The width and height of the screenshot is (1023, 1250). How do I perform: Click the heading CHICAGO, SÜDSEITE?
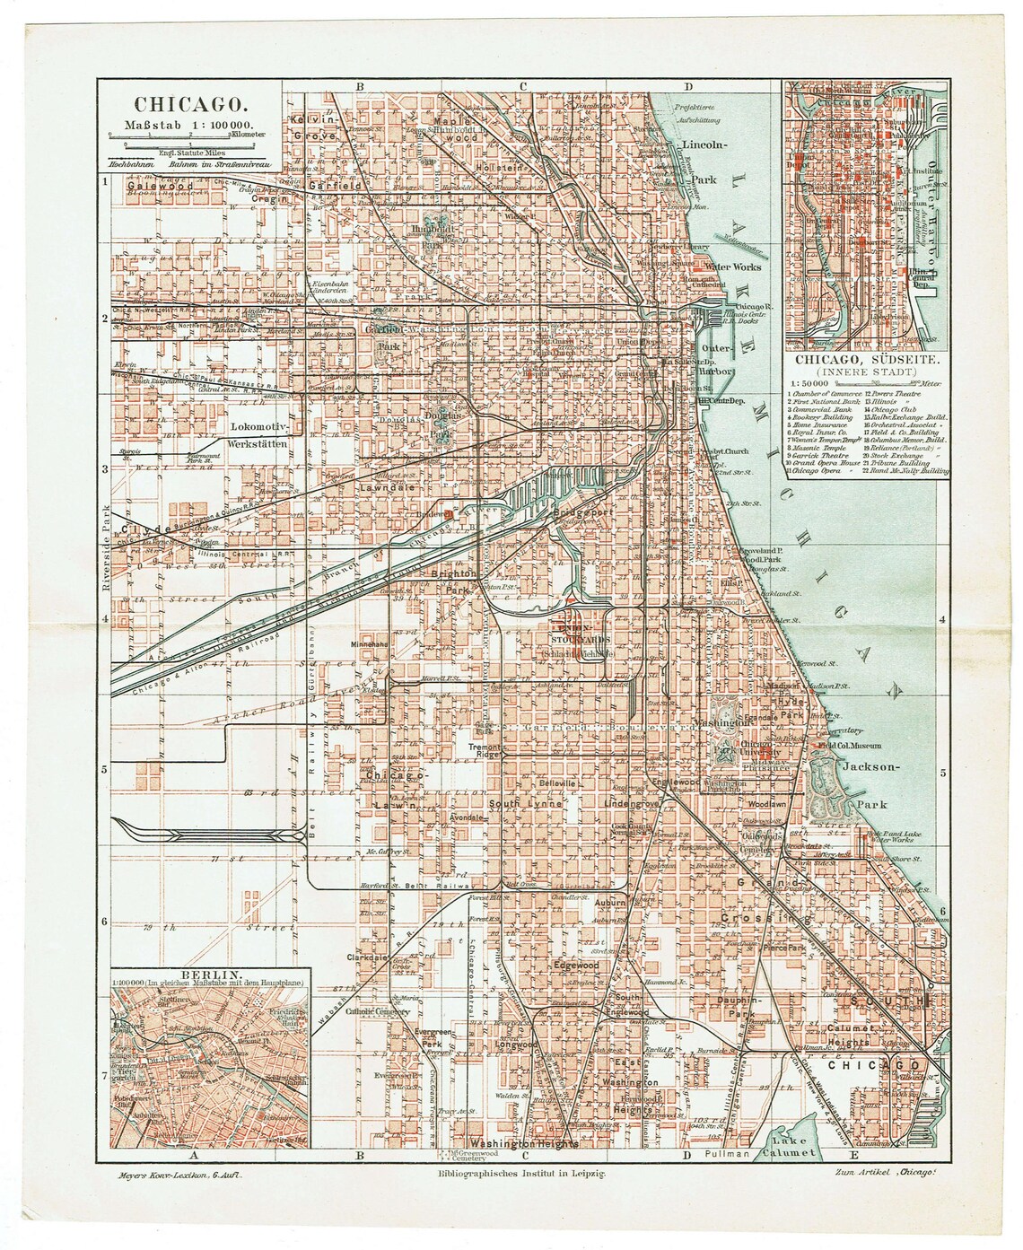click(867, 359)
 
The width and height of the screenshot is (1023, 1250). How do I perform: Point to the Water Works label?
click(733, 267)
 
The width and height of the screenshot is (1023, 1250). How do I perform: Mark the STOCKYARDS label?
click(580, 640)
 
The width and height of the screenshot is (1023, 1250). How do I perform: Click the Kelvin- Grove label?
click(311, 127)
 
